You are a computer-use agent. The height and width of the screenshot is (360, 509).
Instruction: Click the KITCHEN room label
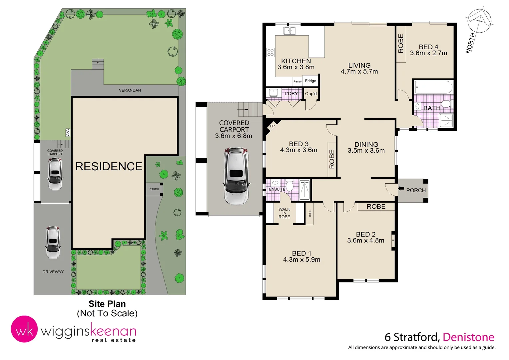pyautogui.click(x=296, y=61)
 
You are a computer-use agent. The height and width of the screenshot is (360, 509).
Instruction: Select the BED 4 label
pyautogui.click(x=428, y=47)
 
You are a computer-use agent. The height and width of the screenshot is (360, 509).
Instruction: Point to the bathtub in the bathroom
pyautogui.click(x=433, y=87)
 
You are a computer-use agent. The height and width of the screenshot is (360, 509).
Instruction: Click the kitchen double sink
pyautogui.click(x=289, y=31)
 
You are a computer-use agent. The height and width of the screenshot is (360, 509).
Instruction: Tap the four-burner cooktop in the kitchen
pyautogui.click(x=270, y=52)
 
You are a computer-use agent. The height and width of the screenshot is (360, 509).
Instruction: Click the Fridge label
pyautogui.click(x=310, y=81)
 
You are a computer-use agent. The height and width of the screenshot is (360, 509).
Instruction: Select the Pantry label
pyautogui.click(x=297, y=81)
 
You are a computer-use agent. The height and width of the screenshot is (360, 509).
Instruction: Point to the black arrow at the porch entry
pyautogui.click(x=401, y=188)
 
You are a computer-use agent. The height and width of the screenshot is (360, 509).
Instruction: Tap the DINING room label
pyautogui.click(x=366, y=144)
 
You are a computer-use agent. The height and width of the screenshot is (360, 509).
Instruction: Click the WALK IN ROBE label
pyautogui.click(x=284, y=213)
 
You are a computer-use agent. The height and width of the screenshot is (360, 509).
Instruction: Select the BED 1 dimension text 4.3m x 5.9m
pyautogui.click(x=301, y=260)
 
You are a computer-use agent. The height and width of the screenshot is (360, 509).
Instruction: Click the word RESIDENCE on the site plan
pyautogui.click(x=109, y=166)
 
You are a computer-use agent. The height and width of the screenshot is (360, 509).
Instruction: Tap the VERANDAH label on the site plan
pyautogui.click(x=130, y=90)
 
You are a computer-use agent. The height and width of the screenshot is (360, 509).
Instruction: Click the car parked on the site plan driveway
pyautogui.click(x=53, y=242)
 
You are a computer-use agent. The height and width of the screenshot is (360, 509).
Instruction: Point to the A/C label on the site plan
pyautogui.click(x=68, y=132)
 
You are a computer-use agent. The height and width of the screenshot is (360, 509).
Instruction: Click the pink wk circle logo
pyautogui.click(x=24, y=329)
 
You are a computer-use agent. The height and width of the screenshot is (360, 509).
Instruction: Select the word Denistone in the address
pyautogui.click(x=468, y=337)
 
